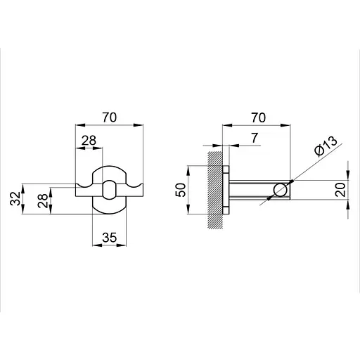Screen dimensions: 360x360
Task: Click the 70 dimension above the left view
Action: tap(110, 117)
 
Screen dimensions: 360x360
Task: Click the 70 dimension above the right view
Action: tap(259, 117)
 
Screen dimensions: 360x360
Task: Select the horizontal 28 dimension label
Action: tap(89, 141)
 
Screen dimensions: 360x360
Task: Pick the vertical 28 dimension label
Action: tap(42, 200)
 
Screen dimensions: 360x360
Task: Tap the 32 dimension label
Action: tap(15, 198)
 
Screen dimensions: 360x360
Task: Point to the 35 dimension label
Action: tap(109, 238)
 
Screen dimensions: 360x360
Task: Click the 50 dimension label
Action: tap(181, 190)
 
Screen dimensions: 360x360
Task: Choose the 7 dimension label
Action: tap(255, 138)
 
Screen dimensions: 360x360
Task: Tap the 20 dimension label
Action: tap(340, 190)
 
